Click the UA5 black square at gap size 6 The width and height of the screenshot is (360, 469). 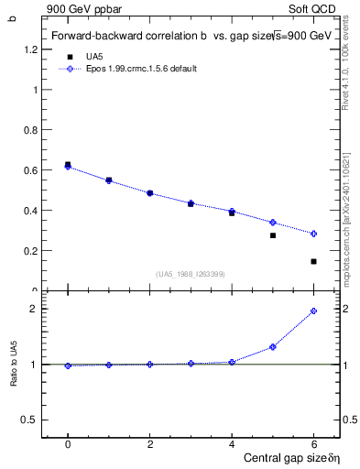(313, 261)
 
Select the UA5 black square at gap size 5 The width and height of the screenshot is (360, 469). (273, 235)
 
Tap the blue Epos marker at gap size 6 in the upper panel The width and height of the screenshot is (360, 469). (313, 234)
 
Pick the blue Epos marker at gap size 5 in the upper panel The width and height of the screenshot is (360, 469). (273, 223)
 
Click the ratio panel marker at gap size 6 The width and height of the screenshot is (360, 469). (313, 311)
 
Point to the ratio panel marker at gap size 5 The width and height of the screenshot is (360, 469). (273, 347)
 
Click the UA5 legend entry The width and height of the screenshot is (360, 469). (92, 57)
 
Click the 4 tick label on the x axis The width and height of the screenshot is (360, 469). (232, 444)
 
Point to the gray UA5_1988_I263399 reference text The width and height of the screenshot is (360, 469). (191, 274)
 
